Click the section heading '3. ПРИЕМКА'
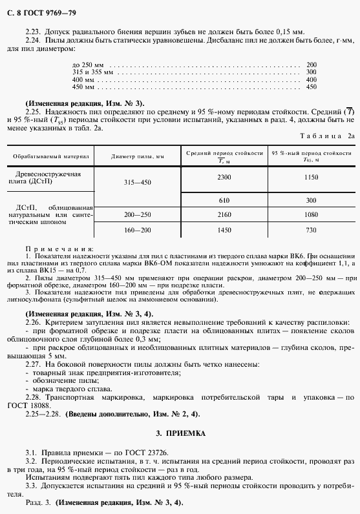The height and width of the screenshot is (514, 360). pyautogui.click(x=180, y=433)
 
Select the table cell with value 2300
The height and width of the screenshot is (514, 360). pyautogui.click(x=224, y=177)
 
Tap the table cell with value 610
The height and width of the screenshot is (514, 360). pyautogui.click(x=224, y=200)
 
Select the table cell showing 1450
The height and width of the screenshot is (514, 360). pyautogui.click(x=224, y=230)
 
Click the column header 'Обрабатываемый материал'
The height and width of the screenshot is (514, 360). pyautogui.click(x=49, y=156)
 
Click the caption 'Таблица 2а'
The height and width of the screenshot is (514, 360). pyautogui.click(x=326, y=136)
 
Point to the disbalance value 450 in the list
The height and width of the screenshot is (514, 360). pyautogui.click(x=311, y=87)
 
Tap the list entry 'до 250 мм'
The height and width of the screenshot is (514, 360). pyautogui.click(x=87, y=65)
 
